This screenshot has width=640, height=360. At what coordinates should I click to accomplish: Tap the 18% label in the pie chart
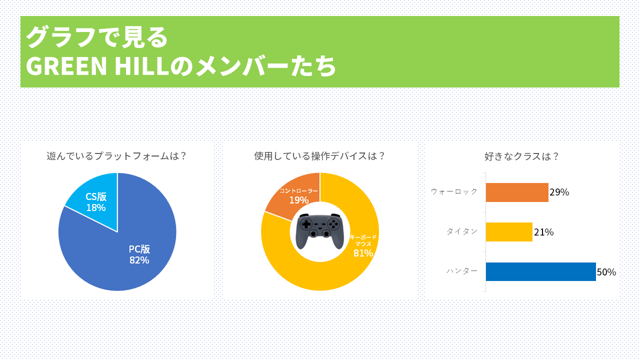(95, 207)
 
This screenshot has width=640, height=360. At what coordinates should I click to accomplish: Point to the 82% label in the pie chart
(139, 260)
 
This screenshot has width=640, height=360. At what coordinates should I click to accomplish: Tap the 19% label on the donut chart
(298, 200)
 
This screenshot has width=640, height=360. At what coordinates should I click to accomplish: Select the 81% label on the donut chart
(363, 253)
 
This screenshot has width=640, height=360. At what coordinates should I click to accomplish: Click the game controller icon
(319, 231)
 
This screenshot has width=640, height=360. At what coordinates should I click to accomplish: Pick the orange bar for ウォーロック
(516, 192)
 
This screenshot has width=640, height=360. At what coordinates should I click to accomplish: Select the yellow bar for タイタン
(508, 232)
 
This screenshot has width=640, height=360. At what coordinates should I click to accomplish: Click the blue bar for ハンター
(540, 271)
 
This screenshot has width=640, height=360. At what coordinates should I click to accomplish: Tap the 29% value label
(559, 192)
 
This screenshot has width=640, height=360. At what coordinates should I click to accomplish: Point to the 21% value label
(543, 232)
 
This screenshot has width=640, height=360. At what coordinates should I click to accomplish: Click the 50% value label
(606, 272)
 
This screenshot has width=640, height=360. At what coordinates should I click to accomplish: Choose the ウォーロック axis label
(454, 191)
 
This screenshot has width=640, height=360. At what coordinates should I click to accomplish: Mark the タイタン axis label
(462, 231)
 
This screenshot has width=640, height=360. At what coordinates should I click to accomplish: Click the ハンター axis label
(462, 271)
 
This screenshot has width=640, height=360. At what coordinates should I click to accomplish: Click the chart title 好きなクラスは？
(521, 156)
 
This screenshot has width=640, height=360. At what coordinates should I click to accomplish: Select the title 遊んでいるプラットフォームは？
(117, 156)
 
